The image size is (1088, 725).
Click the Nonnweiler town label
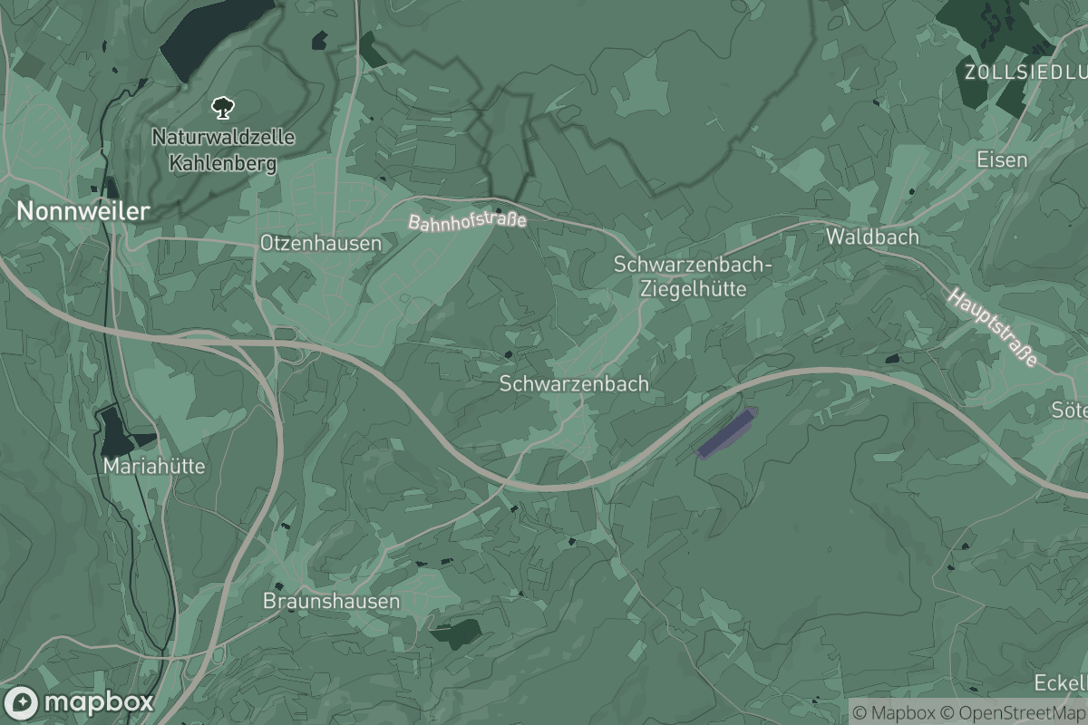click(83, 211)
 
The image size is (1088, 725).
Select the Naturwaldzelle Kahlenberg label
click(223, 150)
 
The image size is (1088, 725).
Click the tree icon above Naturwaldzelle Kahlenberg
click(220, 110)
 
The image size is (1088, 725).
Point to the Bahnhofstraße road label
click(467, 220)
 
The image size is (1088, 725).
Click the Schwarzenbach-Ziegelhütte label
click(693, 276)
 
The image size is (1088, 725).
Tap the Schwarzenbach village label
click(574, 383)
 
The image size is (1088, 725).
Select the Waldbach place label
click(872, 237)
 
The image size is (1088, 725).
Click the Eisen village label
click(1002, 159)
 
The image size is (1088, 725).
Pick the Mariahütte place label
click(155, 467)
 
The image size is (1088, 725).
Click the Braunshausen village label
click(331, 601)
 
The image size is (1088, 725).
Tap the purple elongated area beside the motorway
click(726, 432)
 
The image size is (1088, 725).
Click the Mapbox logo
click(80, 702)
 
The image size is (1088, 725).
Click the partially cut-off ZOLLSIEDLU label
click(1025, 72)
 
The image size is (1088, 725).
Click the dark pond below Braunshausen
click(457, 633)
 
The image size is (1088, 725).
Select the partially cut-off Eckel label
click(1061, 682)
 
